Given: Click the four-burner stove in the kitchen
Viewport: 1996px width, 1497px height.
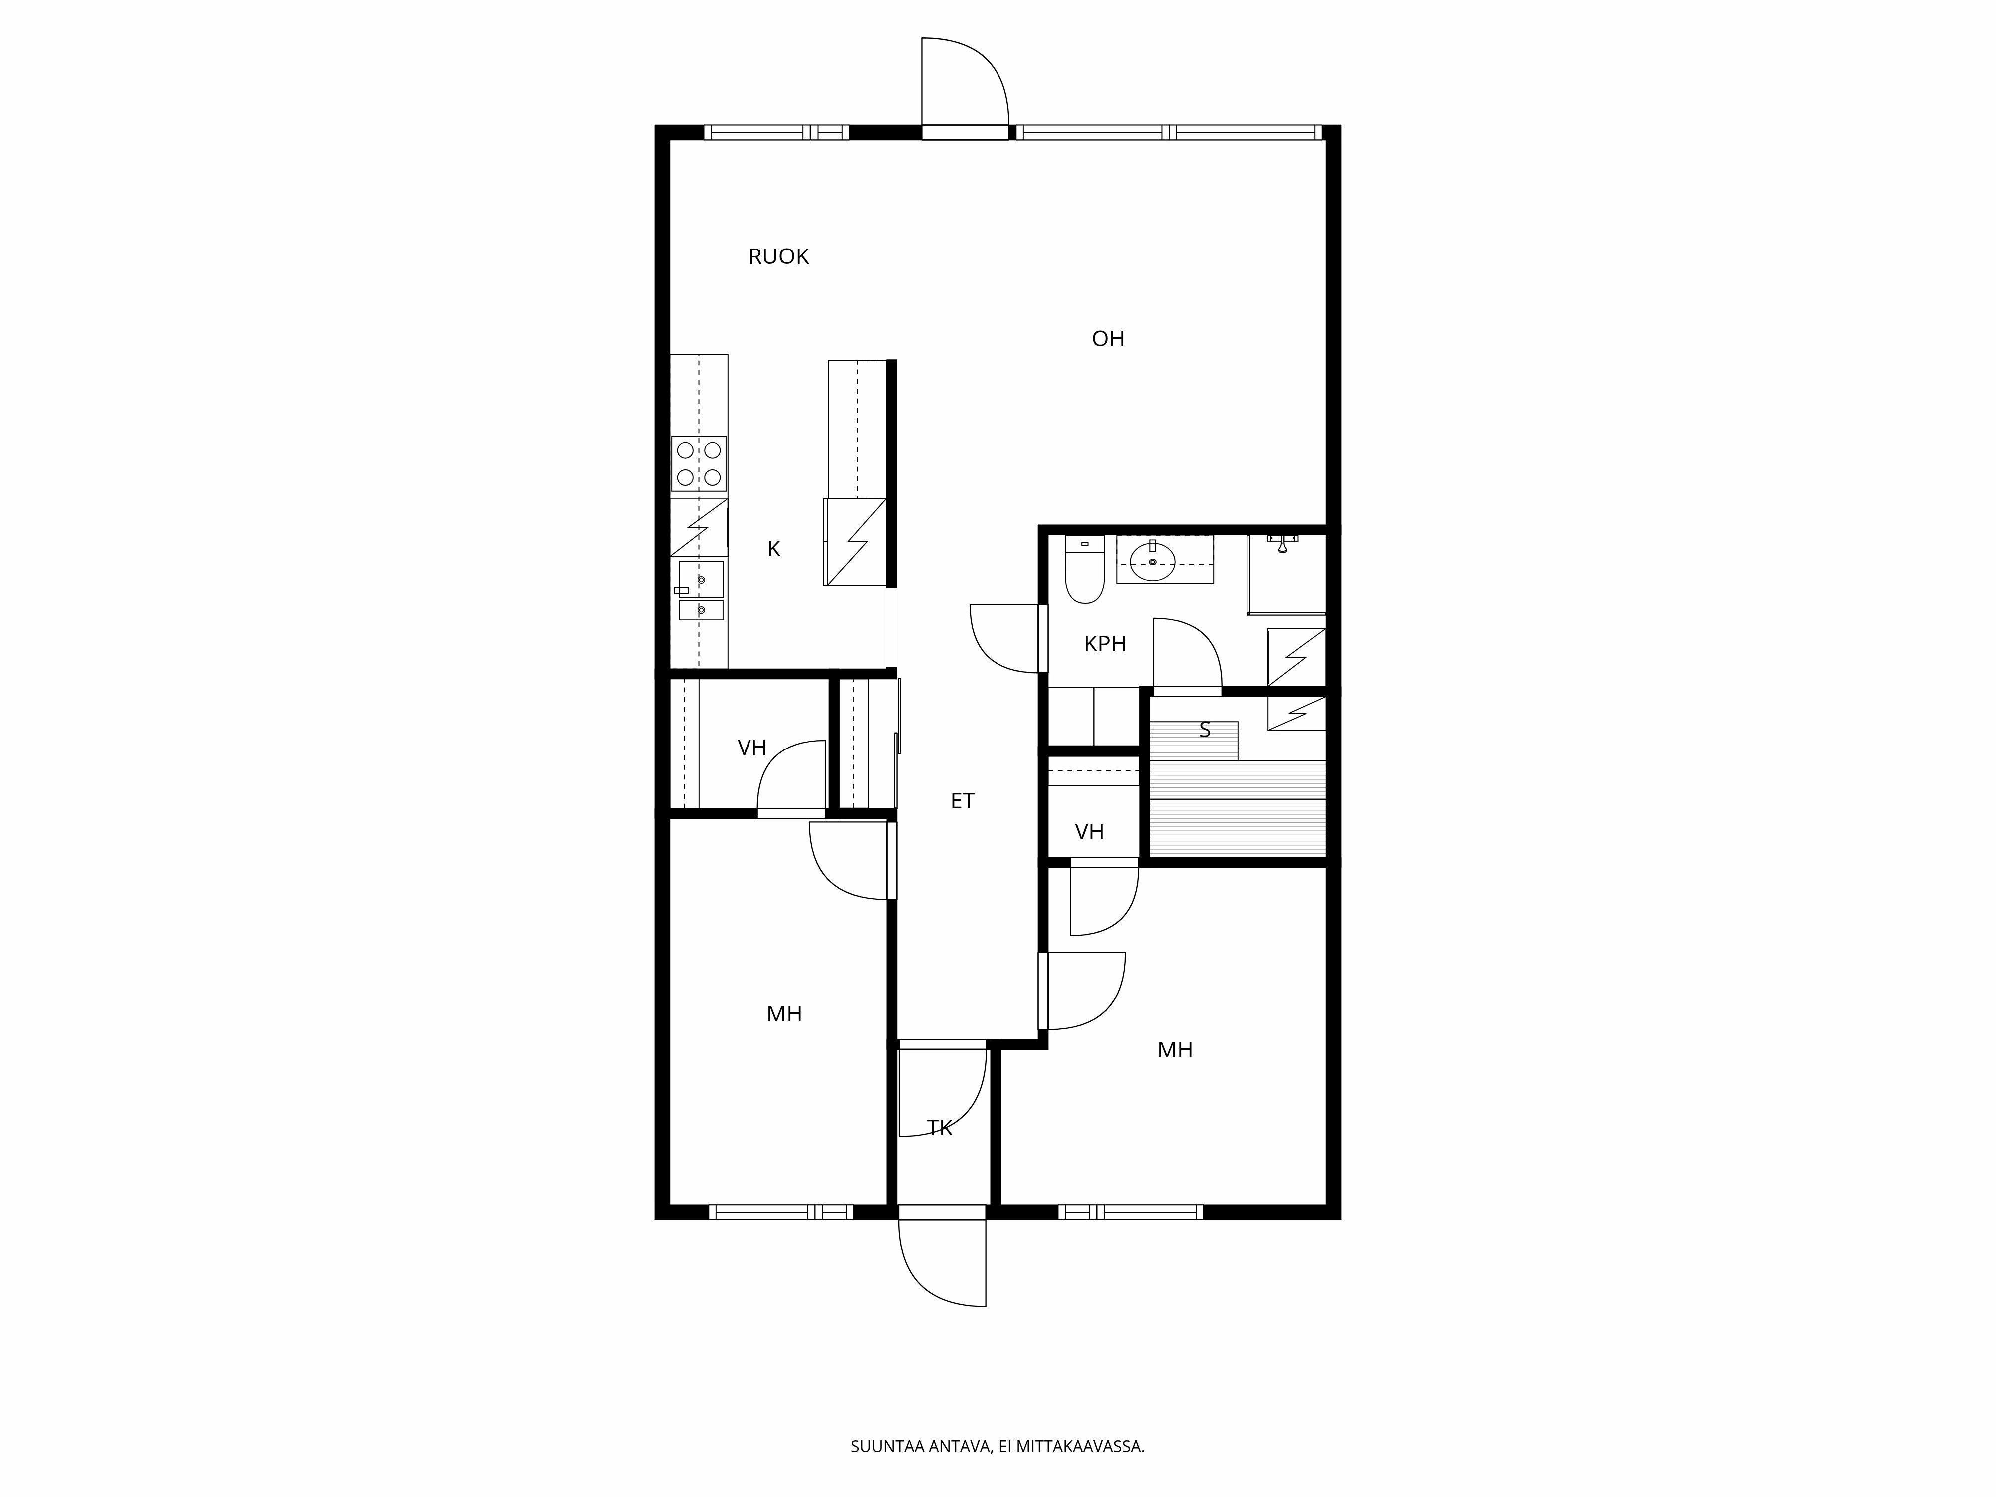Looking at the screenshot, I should click(699, 464).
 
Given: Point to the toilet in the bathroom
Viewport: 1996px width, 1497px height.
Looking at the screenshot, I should click(1084, 571).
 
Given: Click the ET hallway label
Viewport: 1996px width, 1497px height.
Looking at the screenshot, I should click(962, 801).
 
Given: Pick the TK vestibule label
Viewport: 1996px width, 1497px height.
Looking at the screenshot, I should click(939, 1128).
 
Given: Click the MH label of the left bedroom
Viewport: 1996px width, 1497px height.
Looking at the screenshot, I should click(784, 1014).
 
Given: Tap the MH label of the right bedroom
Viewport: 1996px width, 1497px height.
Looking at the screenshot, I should click(1175, 1050).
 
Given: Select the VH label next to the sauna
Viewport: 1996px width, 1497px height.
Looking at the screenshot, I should click(1089, 832).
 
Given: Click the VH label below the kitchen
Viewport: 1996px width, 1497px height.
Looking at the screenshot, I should click(751, 748).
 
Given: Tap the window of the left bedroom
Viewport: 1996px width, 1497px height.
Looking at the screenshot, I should click(780, 1212).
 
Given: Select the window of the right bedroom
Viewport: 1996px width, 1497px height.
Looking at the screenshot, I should click(1131, 1212).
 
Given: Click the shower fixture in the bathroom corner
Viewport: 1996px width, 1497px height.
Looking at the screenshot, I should click(1282, 543).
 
